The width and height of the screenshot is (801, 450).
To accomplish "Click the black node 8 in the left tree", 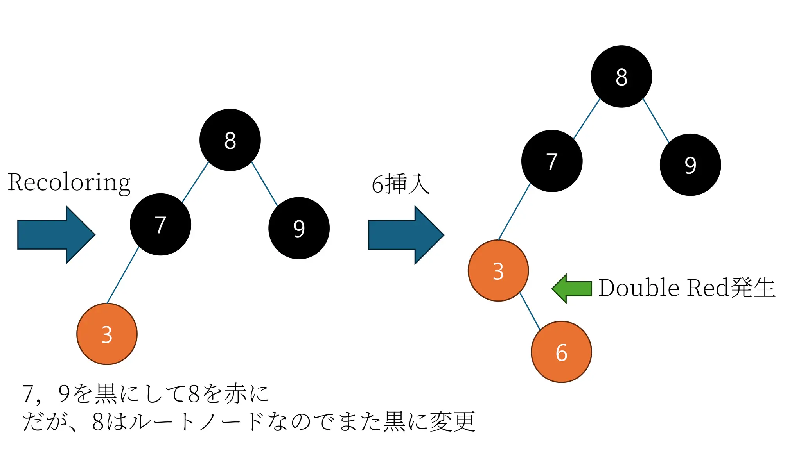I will tap(230, 140).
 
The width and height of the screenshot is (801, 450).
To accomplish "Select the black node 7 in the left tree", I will tap(160, 224).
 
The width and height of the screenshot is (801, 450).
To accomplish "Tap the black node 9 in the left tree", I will tap(299, 228).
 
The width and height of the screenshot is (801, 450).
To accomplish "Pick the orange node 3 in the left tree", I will tap(107, 334).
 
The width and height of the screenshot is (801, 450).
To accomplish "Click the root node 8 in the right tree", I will tap(621, 77).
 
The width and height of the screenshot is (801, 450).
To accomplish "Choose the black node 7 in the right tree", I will tap(551, 161).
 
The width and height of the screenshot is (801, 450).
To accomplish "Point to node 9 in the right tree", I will tap(690, 165).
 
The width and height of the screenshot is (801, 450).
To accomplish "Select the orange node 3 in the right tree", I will tap(498, 270).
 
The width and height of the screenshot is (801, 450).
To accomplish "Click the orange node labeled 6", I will tap(561, 352).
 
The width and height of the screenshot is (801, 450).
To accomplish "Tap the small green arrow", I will tap(572, 288).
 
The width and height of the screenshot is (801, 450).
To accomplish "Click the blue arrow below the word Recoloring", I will tap(56, 234).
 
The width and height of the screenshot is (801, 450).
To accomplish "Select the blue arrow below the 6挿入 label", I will tap(406, 235).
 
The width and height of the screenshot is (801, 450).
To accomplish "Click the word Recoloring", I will tap(69, 182).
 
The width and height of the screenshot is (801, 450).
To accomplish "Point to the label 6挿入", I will tap(400, 184).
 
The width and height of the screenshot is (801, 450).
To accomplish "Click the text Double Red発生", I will tap(686, 288).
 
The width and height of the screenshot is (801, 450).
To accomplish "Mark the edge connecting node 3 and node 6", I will tap(530, 311).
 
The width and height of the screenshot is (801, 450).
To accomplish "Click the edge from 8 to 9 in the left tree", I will tap(264, 184).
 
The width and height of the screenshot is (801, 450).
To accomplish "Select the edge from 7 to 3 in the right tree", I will tap(514, 211).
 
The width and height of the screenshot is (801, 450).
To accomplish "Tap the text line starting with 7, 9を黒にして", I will tap(145, 393).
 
